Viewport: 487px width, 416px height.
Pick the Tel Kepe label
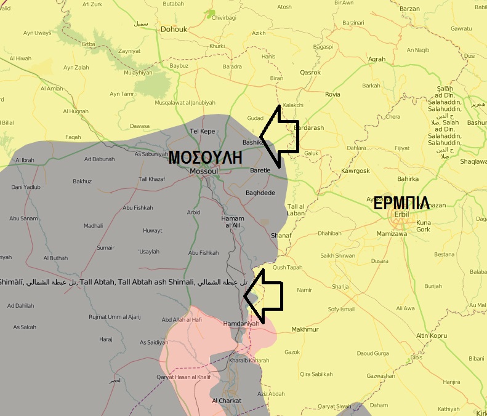click(202, 130)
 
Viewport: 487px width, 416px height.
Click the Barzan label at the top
click(409, 9)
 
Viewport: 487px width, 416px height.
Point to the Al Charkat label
click(227, 401)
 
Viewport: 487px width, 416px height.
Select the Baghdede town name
click(260, 193)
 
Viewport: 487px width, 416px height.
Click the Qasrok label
click(310, 73)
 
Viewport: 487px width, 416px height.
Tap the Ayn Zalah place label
click(76, 67)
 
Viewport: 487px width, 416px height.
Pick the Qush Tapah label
click(288, 268)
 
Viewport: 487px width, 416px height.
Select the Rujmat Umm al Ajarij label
click(115, 317)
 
